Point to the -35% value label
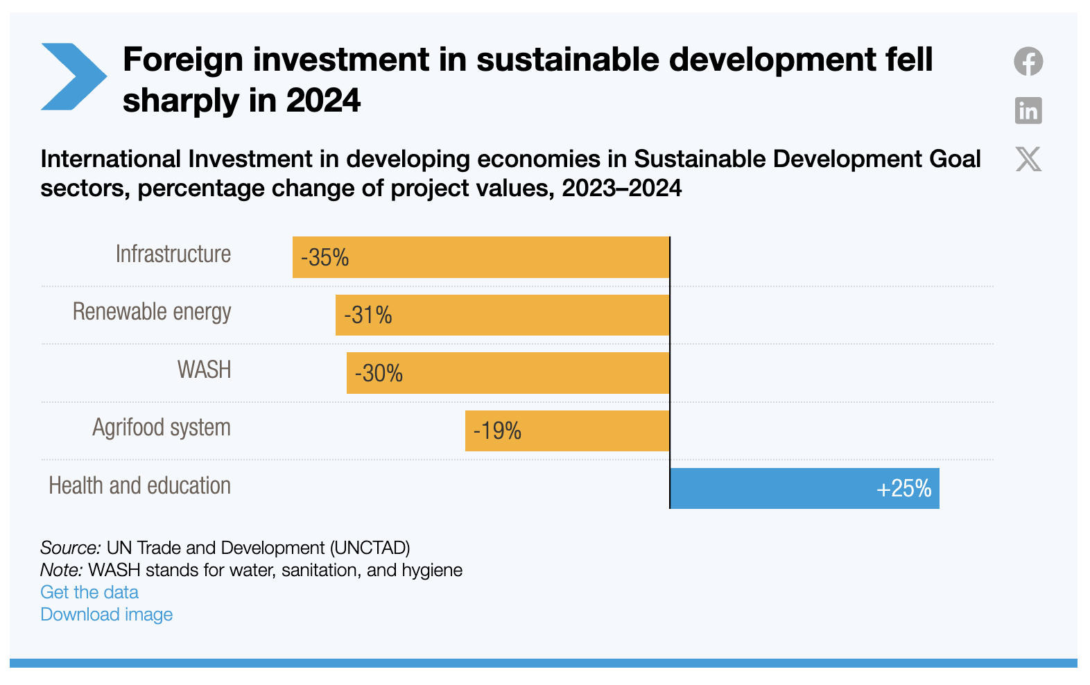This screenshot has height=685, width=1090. pyautogui.click(x=325, y=258)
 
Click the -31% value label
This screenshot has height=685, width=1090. pyautogui.click(x=368, y=315)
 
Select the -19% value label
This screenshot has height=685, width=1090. pyautogui.click(x=497, y=431)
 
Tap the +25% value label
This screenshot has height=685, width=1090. pyautogui.click(x=903, y=489)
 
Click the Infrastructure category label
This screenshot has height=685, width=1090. pyautogui.click(x=173, y=254)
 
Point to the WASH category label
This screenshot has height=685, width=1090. pyautogui.click(x=205, y=370)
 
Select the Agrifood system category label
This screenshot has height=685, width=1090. pyautogui.click(x=162, y=428)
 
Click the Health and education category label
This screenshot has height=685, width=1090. pyautogui.click(x=139, y=486)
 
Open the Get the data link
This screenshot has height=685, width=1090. pyautogui.click(x=89, y=592)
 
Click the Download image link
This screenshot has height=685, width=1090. pyautogui.click(x=107, y=614)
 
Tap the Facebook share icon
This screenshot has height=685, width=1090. pyautogui.click(x=1028, y=61)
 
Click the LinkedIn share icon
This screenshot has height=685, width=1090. pyautogui.click(x=1028, y=110)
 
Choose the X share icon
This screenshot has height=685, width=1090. pyautogui.click(x=1028, y=159)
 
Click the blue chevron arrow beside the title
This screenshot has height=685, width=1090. pyautogui.click(x=73, y=76)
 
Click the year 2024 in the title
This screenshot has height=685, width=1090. pyautogui.click(x=323, y=101)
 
